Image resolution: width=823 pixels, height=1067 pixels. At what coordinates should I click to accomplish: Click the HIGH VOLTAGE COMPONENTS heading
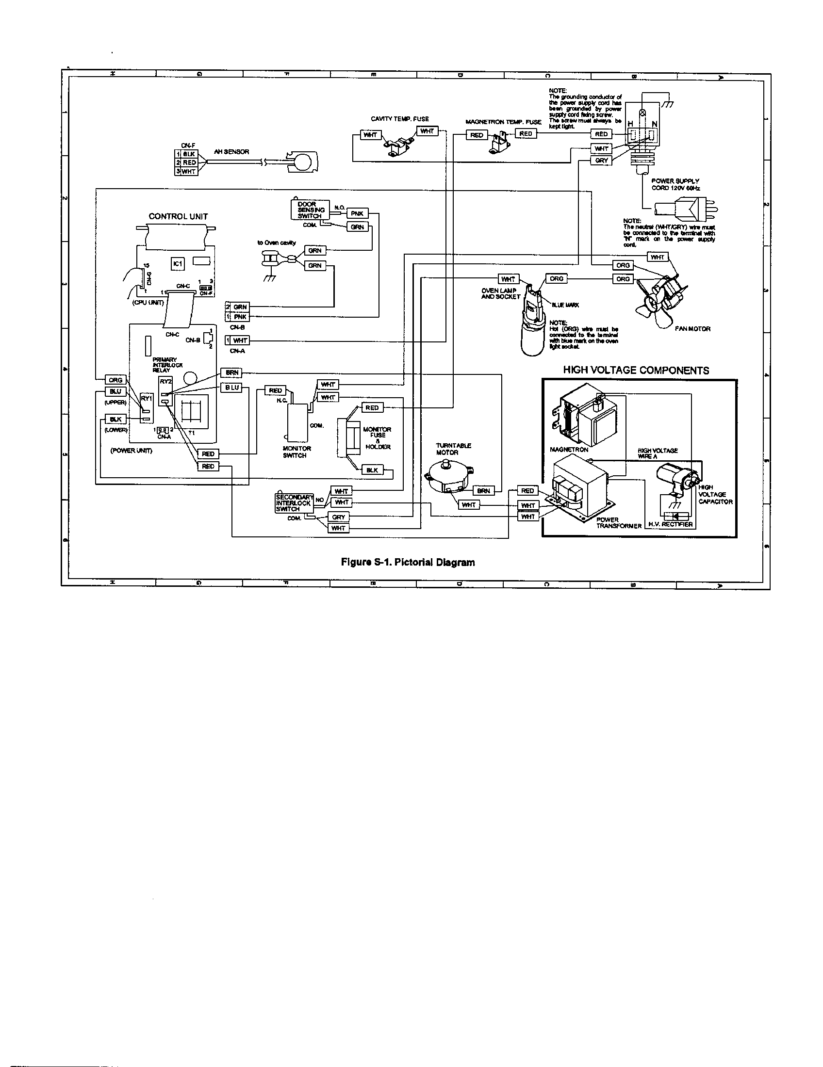click(x=636, y=371)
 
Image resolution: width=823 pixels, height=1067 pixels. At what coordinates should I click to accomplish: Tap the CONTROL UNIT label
click(x=178, y=216)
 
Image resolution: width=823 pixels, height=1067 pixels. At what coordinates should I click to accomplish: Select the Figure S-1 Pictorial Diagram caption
click(x=408, y=562)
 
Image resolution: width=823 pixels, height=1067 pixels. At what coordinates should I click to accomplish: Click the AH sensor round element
click(x=303, y=161)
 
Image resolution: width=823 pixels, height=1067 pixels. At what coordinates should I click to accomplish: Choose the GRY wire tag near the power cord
click(x=601, y=160)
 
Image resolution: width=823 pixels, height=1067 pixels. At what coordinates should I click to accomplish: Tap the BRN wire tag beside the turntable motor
click(x=483, y=491)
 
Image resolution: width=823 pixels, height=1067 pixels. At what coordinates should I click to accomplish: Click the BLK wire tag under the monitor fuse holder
click(x=372, y=470)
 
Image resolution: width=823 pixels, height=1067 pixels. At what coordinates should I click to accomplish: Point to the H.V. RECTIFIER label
click(x=670, y=524)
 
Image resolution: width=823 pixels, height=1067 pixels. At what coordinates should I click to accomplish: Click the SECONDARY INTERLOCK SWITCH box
click(x=294, y=503)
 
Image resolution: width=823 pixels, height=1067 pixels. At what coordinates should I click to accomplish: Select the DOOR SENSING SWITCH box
click(x=310, y=210)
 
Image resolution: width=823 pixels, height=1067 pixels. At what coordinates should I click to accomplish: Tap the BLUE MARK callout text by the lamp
click(x=565, y=305)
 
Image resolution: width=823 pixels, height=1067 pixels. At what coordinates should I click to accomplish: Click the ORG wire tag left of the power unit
click(x=115, y=380)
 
